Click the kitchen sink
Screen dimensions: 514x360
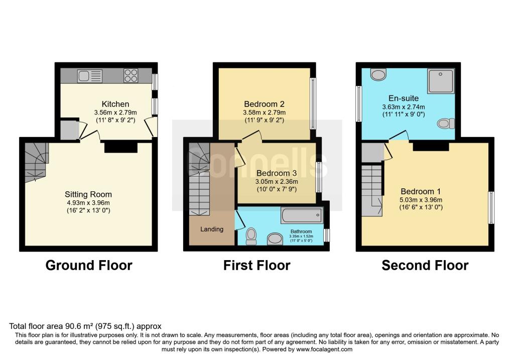[x=90, y=76]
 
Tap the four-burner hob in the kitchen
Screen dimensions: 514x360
[x=131, y=76]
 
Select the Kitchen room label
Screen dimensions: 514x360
[x=115, y=104]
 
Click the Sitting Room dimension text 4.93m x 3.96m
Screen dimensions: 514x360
[x=88, y=203]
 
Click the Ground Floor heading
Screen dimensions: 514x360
[x=89, y=265]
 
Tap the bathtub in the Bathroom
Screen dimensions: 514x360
[x=302, y=215]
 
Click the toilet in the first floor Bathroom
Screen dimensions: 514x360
[x=251, y=236]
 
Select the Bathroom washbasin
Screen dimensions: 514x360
[x=275, y=239]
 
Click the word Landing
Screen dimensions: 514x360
[x=212, y=229]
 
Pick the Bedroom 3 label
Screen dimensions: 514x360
[x=277, y=173]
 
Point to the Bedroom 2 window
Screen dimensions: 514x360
[x=313, y=103]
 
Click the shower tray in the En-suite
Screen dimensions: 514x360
[x=441, y=81]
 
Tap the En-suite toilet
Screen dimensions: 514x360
[x=446, y=124]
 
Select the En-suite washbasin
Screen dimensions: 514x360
[x=378, y=74]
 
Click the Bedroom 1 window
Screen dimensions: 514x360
[x=491, y=208]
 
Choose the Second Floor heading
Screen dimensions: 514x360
[x=425, y=265]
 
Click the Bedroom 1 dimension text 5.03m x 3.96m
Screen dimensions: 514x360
[x=421, y=200]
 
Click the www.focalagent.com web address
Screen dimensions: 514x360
[x=324, y=349]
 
